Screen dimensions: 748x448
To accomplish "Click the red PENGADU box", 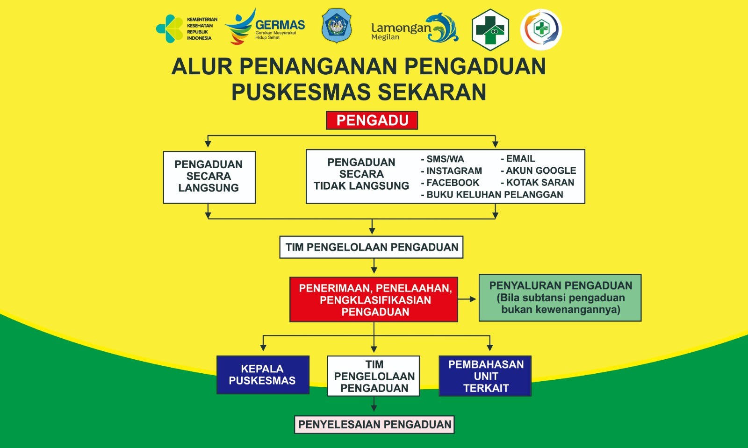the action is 372,120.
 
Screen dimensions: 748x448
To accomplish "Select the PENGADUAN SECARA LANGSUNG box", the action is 209,177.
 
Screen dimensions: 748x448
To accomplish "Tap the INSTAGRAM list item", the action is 452,171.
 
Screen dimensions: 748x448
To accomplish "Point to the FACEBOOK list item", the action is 450,183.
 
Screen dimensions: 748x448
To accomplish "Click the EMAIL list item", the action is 518,158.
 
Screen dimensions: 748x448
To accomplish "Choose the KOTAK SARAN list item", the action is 538,183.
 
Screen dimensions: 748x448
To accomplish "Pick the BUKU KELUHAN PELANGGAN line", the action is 492,194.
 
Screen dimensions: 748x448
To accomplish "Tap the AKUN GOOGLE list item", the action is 539,171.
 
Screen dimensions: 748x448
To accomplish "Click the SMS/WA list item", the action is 442,159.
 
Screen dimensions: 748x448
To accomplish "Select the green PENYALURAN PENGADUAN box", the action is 560,298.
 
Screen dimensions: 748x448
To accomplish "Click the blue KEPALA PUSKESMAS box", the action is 263,375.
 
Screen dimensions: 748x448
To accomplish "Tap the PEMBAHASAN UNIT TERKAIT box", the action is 485,376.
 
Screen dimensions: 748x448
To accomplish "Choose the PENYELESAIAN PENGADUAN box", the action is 374,424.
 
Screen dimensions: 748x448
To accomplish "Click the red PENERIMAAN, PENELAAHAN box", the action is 374,299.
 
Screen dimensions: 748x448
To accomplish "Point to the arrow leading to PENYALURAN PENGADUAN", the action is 467,299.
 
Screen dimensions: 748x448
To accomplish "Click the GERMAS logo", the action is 265,27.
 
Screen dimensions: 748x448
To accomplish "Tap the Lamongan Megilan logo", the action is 415,28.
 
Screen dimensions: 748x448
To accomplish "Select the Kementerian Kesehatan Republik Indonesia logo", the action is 187,28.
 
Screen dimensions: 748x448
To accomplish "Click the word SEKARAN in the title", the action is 432,92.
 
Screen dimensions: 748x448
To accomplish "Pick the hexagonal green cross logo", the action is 490,30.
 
